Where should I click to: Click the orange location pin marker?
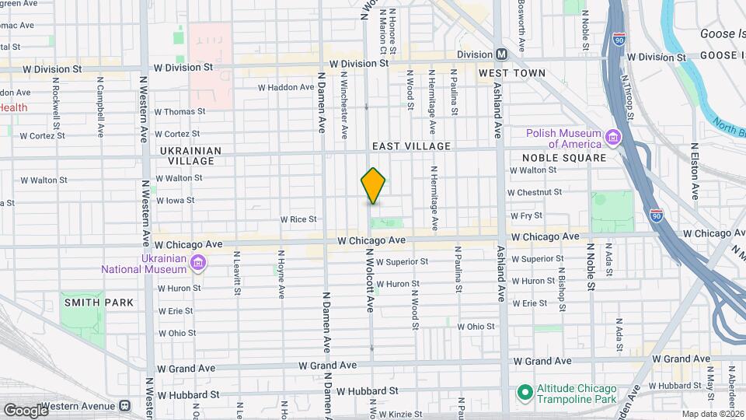point(373,186)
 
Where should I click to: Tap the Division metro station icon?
point(502,54)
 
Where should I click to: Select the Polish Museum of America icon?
point(612,138)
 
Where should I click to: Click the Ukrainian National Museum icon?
point(199,264)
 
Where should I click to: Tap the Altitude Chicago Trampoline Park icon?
point(525,390)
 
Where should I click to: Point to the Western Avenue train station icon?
point(124,406)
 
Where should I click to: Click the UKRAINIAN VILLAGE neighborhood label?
point(191,156)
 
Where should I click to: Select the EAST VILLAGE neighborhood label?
point(411,146)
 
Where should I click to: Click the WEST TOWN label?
point(511,73)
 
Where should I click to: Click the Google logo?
point(25,409)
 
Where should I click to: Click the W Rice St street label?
point(299,219)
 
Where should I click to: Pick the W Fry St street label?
point(525,215)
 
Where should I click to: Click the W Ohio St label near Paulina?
point(476,327)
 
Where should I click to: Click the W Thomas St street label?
point(180,111)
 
